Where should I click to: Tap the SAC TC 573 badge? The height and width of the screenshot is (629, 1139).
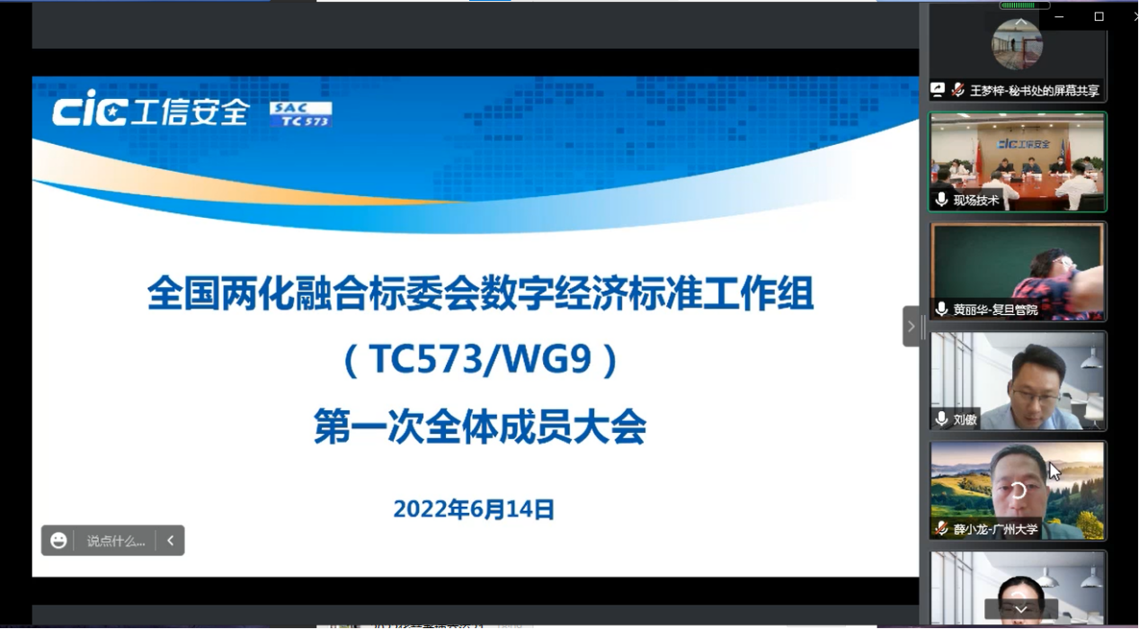[x=301, y=113]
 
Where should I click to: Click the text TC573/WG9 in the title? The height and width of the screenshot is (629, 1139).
[x=481, y=361]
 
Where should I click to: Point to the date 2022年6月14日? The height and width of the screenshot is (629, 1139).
[x=474, y=509]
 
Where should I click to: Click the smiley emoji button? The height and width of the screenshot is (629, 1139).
[x=58, y=540]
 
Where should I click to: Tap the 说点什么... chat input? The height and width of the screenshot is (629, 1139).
[x=116, y=541]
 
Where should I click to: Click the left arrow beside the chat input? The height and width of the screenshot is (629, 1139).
[x=170, y=541]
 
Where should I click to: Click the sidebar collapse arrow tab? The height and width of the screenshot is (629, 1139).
[x=911, y=326]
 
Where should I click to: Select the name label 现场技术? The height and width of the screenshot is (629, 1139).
[x=976, y=201]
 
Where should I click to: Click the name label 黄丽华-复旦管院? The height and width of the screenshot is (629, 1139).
[x=995, y=310]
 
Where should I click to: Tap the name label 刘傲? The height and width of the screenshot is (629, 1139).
[x=965, y=419]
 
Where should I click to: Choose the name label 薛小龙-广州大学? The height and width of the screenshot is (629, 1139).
[x=995, y=529]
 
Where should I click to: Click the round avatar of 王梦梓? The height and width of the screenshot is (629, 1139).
[x=1017, y=45]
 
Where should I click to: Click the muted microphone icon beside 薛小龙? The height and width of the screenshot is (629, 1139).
[x=941, y=528]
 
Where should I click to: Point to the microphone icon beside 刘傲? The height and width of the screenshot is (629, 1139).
[x=941, y=418]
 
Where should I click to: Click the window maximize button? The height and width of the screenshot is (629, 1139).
[x=1099, y=16]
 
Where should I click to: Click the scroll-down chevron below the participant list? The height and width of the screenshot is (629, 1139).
[x=1020, y=609]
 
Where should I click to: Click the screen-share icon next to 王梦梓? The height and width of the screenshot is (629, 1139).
[x=938, y=90]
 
